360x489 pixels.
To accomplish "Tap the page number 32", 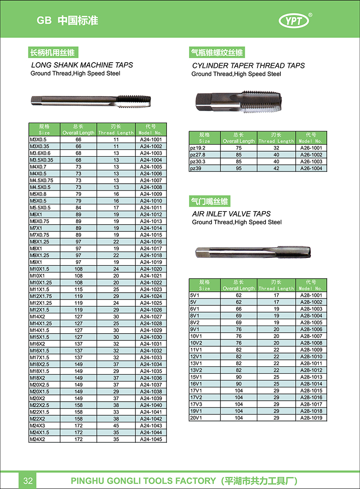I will [x=28, y=481].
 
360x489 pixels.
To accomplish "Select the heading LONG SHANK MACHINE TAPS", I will [x=82, y=65].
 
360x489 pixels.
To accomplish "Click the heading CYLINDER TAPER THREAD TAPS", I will [x=248, y=66].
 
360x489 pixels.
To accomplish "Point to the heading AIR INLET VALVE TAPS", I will [x=231, y=214].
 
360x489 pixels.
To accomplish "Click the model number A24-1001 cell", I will [x=151, y=140].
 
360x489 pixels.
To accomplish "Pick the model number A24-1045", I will [x=151, y=439].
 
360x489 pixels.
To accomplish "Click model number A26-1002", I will [x=311, y=155].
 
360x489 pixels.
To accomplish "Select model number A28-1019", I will [x=311, y=418].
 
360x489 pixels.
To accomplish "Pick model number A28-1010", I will [x=311, y=357].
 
